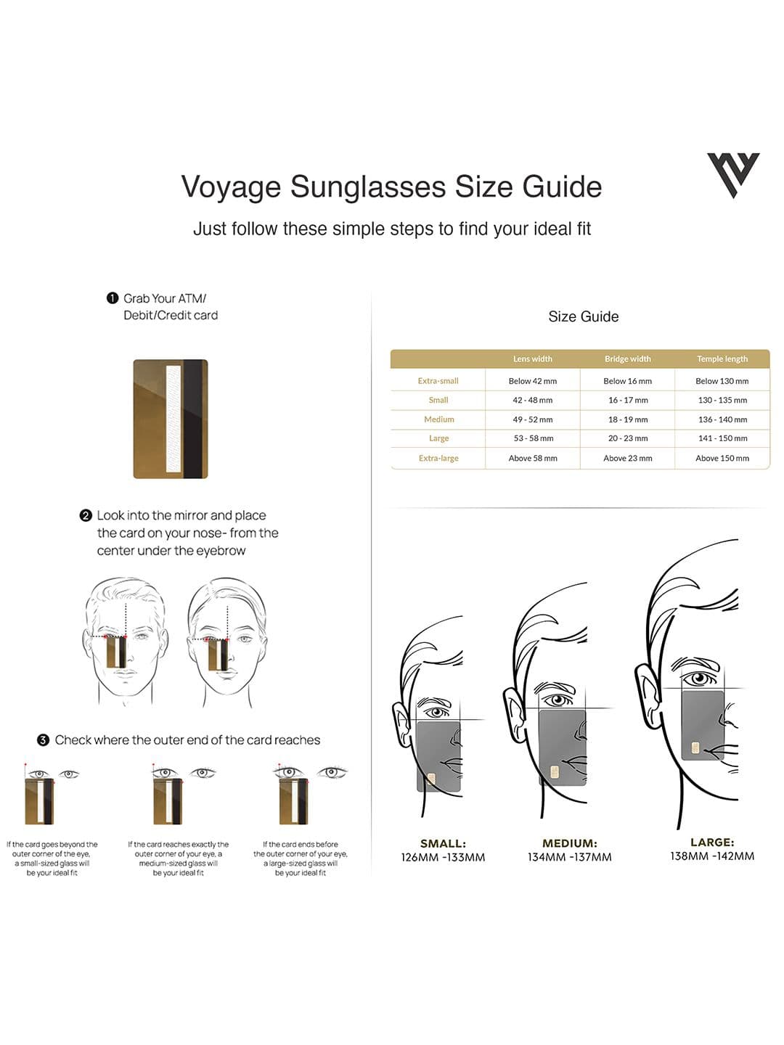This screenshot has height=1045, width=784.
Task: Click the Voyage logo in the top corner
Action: tap(733, 174)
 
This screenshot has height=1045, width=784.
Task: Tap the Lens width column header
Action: tap(532, 358)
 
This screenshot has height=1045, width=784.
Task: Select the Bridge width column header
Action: tap(627, 358)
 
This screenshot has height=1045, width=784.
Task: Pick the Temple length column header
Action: tap(722, 358)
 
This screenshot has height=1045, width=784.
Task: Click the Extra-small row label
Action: tap(438, 381)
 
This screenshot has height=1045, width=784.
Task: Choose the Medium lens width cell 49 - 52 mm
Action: tap(532, 419)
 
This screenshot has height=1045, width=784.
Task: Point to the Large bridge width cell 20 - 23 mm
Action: tap(627, 438)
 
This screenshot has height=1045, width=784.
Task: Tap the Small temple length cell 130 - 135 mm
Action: tap(722, 400)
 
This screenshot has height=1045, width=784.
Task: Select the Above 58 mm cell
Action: tap(532, 458)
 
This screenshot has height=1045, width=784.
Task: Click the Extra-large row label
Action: tap(438, 458)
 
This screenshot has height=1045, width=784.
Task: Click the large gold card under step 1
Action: tap(171, 419)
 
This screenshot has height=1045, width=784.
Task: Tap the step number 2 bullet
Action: tap(86, 515)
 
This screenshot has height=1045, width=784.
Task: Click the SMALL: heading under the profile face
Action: tap(443, 843)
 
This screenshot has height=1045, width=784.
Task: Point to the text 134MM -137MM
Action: tap(569, 857)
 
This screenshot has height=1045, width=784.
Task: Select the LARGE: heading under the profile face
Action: tap(712, 843)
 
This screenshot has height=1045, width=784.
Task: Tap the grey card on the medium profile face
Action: tap(562, 747)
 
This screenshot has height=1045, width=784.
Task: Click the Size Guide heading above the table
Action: tap(583, 316)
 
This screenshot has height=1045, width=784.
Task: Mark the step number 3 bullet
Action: tap(44, 740)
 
